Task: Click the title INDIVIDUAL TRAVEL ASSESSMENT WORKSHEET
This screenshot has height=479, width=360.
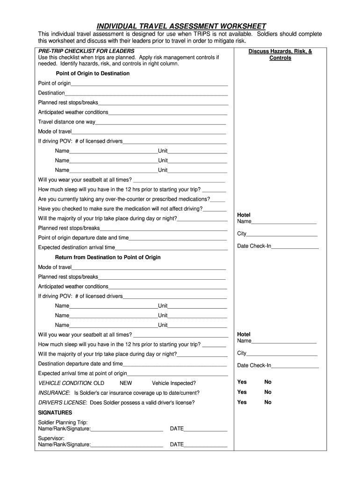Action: point(181,26)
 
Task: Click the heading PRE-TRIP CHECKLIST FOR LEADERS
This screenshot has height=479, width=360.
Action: point(86,51)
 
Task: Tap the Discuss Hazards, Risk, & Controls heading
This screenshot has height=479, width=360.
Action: point(280,55)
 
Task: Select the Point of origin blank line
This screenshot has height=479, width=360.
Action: point(149,84)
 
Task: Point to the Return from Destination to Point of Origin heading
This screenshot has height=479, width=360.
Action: point(108,257)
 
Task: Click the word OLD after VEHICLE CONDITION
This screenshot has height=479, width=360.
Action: point(99,383)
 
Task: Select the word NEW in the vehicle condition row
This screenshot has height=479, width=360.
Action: point(126,383)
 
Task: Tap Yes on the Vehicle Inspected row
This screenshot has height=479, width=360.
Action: point(242,382)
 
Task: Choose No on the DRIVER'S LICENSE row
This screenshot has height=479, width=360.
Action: point(268,402)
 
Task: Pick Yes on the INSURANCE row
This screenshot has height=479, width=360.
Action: point(242,392)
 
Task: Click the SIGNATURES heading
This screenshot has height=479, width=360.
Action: point(55,413)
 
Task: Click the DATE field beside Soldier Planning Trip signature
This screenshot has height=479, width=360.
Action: point(205,429)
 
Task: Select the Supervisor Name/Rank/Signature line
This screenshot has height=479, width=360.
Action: point(127,445)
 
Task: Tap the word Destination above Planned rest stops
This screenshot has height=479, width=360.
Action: point(51,93)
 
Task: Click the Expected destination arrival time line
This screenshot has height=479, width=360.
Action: point(171,248)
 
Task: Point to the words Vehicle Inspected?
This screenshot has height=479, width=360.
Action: point(174,383)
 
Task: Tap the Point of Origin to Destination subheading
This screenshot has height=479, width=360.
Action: point(93,73)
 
